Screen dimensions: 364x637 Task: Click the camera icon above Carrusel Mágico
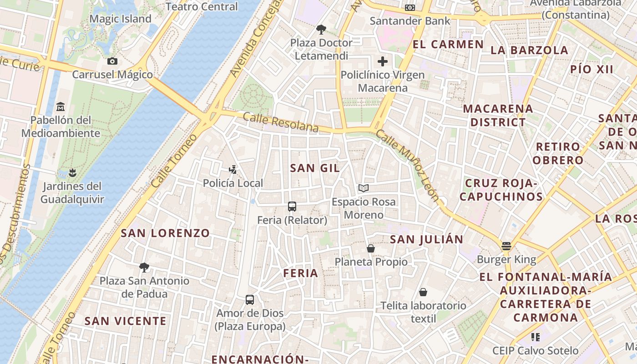click(x=112, y=61)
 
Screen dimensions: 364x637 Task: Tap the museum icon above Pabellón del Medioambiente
click(x=61, y=107)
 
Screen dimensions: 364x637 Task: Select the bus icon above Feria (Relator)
click(x=292, y=207)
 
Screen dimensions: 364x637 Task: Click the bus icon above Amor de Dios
click(x=250, y=300)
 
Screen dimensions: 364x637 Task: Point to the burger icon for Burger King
click(x=506, y=246)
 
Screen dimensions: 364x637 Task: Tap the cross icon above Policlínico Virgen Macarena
click(x=383, y=61)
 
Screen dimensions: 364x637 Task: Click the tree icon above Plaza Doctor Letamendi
click(x=321, y=30)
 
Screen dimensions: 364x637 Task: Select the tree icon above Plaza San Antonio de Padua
click(x=144, y=267)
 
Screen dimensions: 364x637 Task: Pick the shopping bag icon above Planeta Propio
click(x=371, y=248)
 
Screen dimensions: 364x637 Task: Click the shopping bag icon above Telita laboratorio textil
click(x=423, y=292)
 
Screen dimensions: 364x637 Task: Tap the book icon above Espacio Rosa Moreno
click(x=363, y=188)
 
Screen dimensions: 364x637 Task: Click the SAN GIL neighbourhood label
click(x=315, y=168)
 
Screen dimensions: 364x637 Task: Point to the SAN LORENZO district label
click(x=165, y=233)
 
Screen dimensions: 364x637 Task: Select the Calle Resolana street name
click(x=280, y=122)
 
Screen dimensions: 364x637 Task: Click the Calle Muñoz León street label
click(x=408, y=167)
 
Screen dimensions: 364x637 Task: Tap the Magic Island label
click(x=120, y=19)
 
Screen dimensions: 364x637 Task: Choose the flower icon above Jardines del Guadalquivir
click(x=72, y=172)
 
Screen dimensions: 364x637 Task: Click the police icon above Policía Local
click(x=233, y=170)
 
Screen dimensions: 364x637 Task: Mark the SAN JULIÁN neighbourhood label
click(x=426, y=239)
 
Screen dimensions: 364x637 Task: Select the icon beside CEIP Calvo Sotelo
click(x=536, y=337)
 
